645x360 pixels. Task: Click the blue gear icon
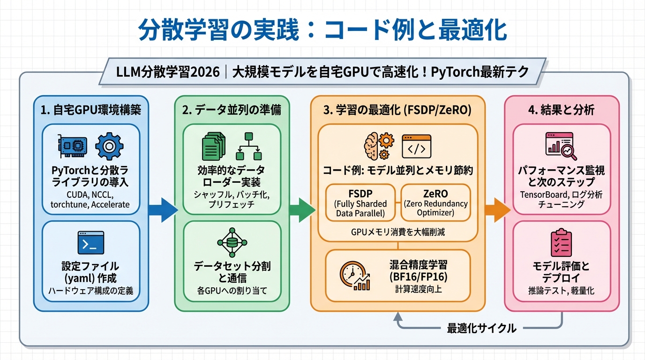pyautogui.click(x=109, y=146)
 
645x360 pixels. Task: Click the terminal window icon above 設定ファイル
pyautogui.click(x=90, y=243)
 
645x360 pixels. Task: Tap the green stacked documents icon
pyautogui.click(x=213, y=146)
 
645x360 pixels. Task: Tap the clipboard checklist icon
pyautogui.click(x=561, y=243)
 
